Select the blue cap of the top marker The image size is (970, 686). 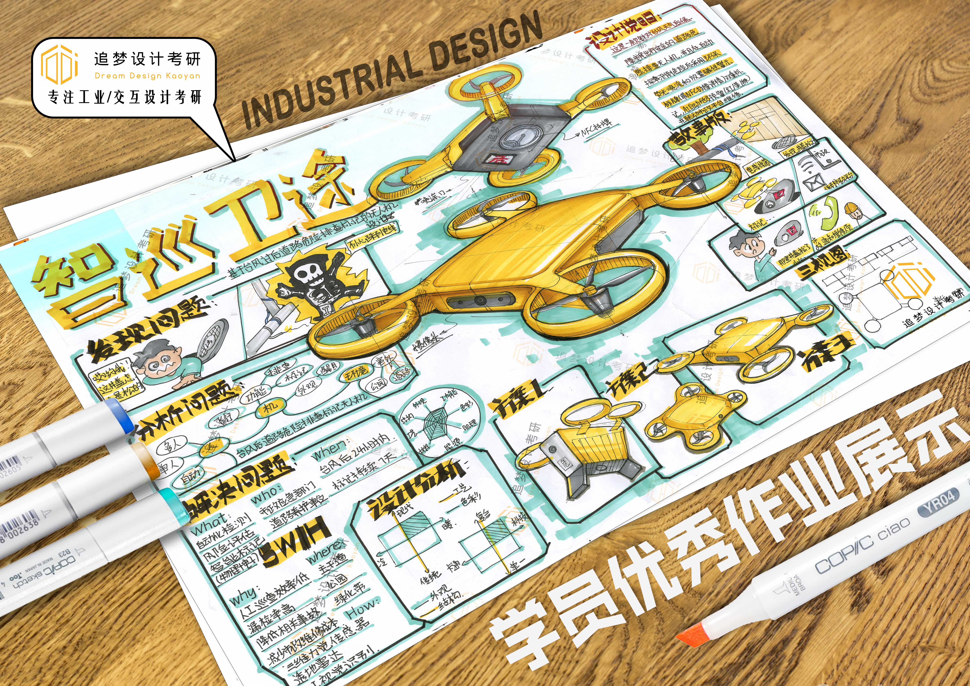tap(120, 416)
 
